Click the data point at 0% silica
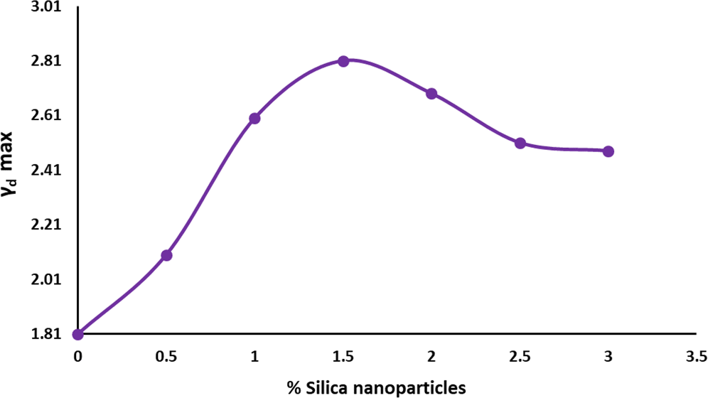click(78, 334)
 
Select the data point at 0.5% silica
click(166, 255)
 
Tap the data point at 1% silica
click(254, 118)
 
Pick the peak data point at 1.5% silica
click(343, 61)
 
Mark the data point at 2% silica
click(431, 94)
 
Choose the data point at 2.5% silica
click(520, 143)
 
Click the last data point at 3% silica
click(608, 151)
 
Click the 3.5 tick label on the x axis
click(697, 355)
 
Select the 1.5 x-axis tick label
click(343, 355)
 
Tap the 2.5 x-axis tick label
click(520, 355)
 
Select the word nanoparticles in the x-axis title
click(415, 387)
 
